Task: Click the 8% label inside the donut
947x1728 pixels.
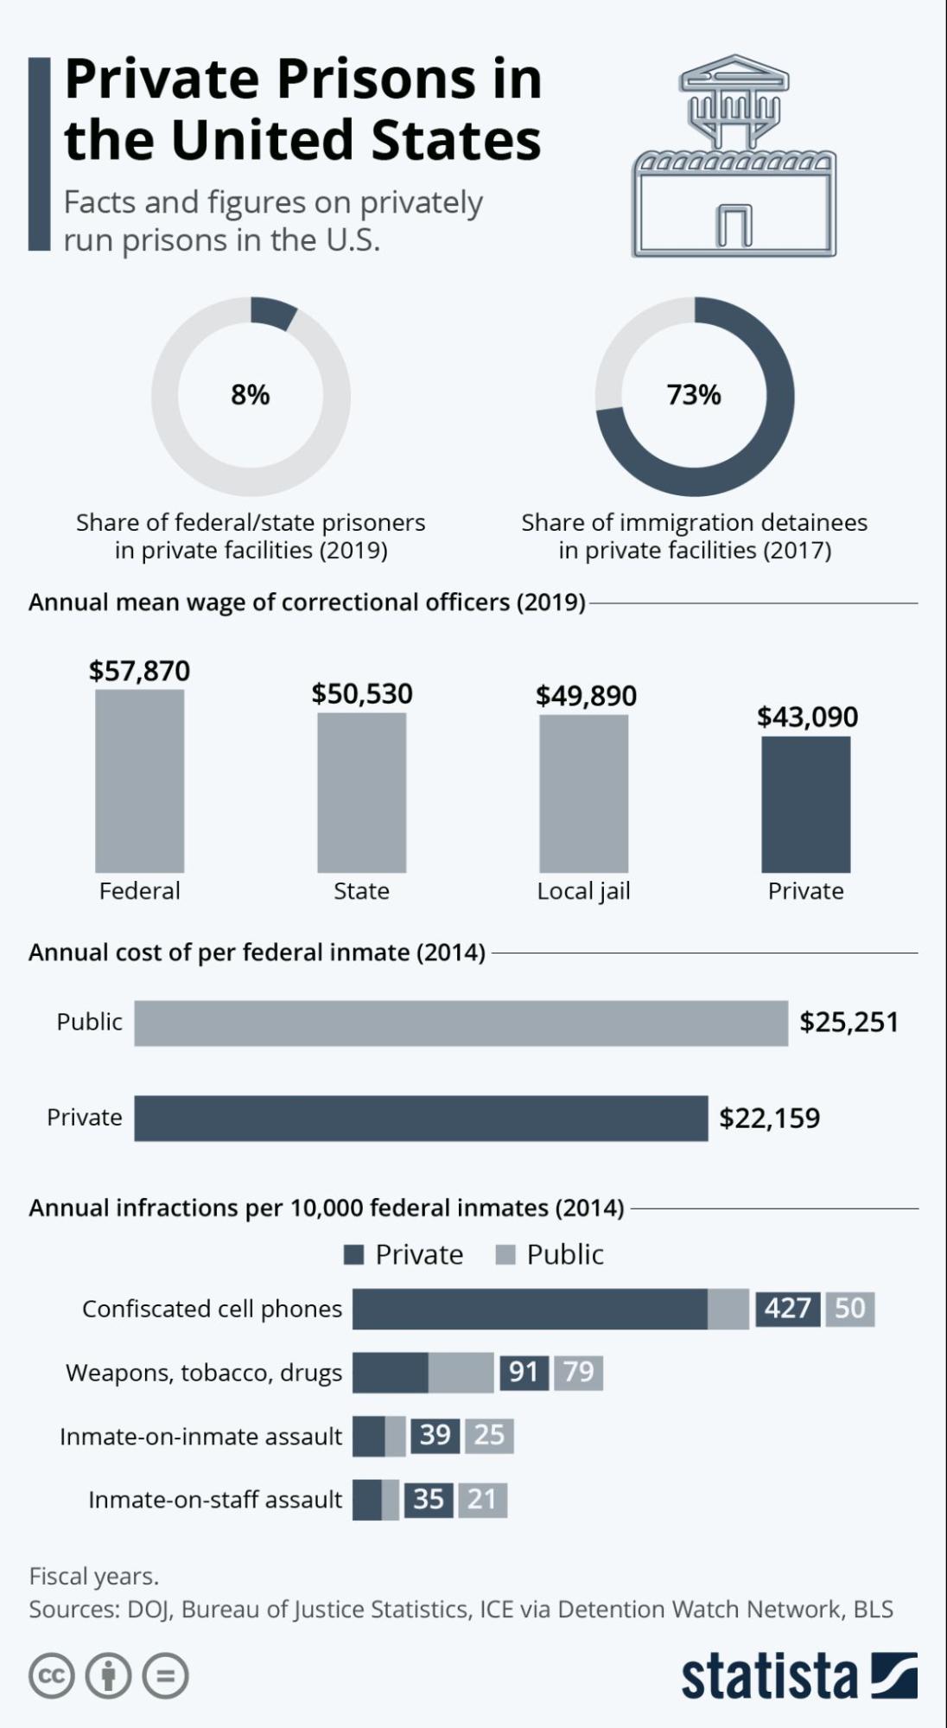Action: [x=251, y=395]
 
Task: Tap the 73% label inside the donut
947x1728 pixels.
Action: [x=694, y=395]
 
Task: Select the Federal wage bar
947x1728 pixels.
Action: [x=139, y=781]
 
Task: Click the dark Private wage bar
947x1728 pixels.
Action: [x=805, y=804]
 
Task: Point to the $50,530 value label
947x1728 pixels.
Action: [x=362, y=693]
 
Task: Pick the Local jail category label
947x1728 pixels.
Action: [x=583, y=891]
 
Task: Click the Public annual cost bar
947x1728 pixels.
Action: [x=461, y=1023]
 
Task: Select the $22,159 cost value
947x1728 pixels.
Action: [x=769, y=1118]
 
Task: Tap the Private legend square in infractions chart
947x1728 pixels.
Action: [x=353, y=1254]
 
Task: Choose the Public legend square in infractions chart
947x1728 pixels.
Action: [x=505, y=1254]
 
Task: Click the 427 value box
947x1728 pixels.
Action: [x=787, y=1308]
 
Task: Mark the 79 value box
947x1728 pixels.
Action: [x=578, y=1372]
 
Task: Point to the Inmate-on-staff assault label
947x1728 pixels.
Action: [x=215, y=1499]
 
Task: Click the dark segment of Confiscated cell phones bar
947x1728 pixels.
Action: [x=530, y=1309]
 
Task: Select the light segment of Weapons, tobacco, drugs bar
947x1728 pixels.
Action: [x=461, y=1372]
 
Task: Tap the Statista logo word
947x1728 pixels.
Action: [x=769, y=1677]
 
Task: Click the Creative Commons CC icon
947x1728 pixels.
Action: [x=52, y=1676]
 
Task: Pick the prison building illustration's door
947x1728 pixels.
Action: [x=734, y=226]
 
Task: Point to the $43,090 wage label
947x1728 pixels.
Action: [x=807, y=717]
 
